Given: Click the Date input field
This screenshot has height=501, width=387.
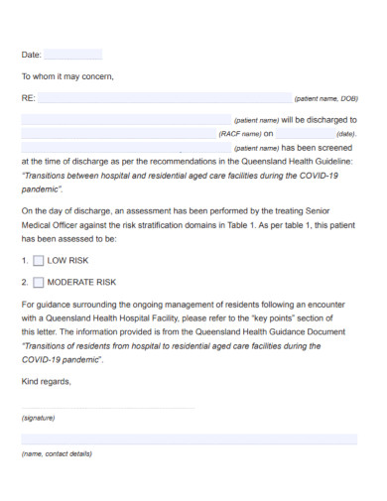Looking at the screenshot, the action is coord(72,55).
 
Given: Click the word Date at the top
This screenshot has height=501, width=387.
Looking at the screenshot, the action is coord(31,55).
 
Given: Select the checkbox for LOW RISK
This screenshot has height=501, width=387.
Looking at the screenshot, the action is coord(39,261).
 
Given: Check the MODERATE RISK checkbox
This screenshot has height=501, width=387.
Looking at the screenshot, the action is coord(39,282).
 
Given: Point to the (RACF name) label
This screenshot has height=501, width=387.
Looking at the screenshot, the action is coord(239,133).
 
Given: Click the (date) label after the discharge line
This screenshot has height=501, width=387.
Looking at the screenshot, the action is coord(345,133).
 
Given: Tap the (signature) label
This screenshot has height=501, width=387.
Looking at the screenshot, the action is coord(39,418).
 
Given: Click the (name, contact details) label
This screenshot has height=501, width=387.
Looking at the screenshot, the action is coord(57,453).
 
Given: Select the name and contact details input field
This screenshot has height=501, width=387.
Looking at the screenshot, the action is coord(189,438).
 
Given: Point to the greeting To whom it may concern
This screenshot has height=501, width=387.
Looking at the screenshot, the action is coord(67,75).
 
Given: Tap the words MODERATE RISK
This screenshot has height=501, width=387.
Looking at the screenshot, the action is coord(82,282).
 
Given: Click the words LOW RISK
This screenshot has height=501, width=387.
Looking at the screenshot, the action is coord(68,261).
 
